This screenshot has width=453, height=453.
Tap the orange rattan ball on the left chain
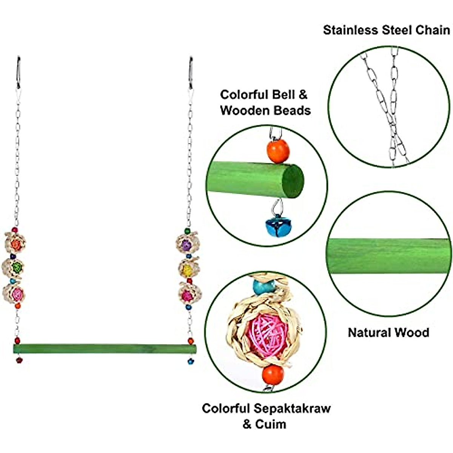(15, 244)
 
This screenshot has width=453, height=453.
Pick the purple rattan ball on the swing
(186, 245)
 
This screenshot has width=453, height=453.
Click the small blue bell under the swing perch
(191, 361)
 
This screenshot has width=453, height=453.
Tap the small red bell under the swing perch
(19, 360)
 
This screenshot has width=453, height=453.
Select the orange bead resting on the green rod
(278, 151)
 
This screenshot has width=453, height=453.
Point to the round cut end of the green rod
(293, 182)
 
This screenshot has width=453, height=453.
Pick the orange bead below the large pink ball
(273, 374)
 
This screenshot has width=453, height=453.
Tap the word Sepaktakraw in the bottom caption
(292, 408)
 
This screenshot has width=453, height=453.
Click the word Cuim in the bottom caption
(270, 424)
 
